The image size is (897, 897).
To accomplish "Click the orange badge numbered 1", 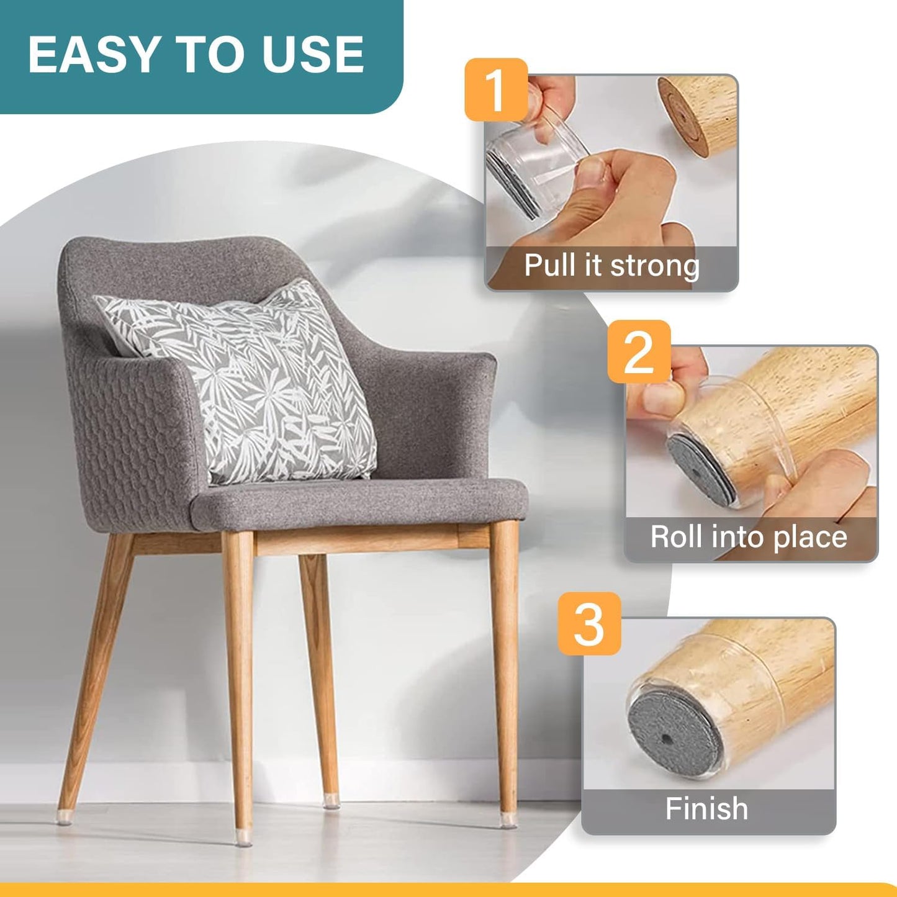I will coord(496,89).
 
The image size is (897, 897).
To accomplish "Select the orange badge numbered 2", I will coord(639,351).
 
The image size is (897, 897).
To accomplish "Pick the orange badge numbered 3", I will coord(589,623).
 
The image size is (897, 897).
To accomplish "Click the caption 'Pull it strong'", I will coord(611,266).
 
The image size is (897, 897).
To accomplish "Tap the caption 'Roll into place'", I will coord(749,537).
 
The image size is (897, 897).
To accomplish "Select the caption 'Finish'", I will coord(706,809).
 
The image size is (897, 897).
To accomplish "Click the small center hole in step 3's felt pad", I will coord(666,739).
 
